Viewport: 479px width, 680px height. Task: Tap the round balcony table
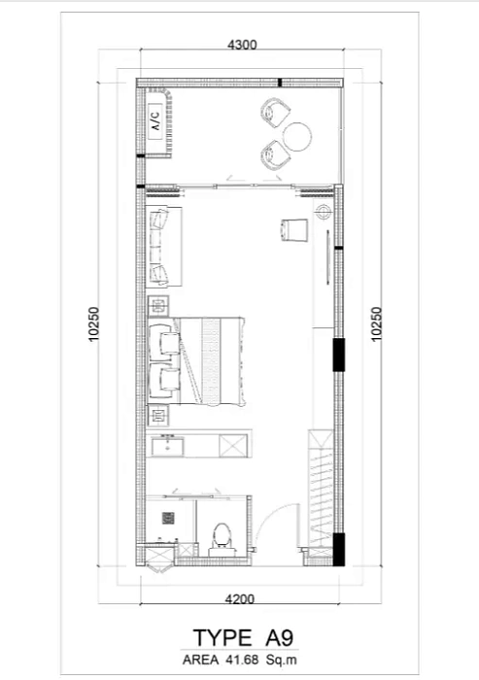click(298, 134)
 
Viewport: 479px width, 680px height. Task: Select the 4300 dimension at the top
click(241, 46)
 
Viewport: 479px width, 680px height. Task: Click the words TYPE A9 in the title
click(242, 638)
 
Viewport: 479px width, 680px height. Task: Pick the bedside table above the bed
click(156, 307)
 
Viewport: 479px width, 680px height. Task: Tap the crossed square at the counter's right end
click(234, 446)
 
